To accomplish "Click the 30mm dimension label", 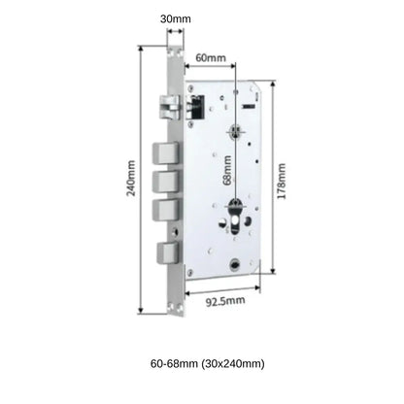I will coord(176,17).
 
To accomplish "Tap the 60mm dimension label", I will coord(210,57).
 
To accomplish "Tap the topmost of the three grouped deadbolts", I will coord(164,153).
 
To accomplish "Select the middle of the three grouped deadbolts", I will coord(164,182).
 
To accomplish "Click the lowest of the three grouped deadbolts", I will coord(164,210).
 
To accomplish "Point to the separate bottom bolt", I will coord(167,252).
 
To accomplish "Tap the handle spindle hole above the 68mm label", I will coord(237,133).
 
